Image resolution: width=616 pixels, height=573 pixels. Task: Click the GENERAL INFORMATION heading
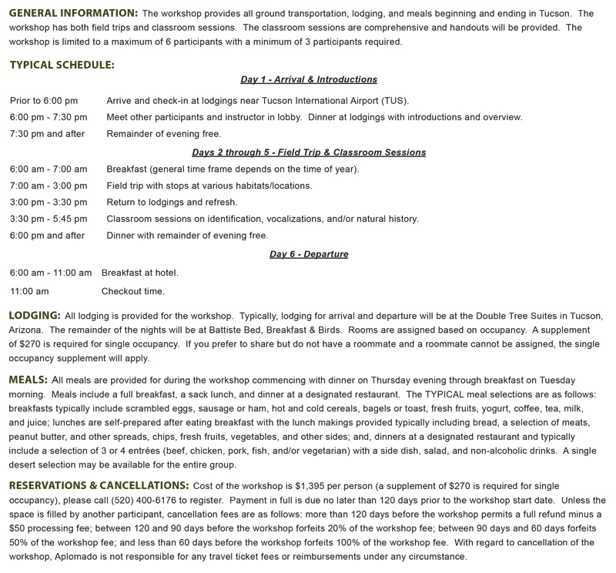[x=73, y=14]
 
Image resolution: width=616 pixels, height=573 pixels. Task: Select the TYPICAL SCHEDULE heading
[x=62, y=65]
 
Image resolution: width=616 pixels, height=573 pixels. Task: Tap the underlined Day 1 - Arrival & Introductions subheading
[x=308, y=79]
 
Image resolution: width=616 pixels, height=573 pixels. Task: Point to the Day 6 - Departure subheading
[x=308, y=254]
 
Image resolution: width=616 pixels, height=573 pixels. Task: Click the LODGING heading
[x=35, y=316]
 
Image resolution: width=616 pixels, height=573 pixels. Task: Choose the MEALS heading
[x=28, y=380]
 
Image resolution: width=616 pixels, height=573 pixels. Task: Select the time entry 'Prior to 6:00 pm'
[x=44, y=101]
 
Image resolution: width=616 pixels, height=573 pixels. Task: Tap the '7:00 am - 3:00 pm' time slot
[x=49, y=186]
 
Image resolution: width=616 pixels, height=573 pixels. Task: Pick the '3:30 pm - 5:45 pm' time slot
[x=49, y=219]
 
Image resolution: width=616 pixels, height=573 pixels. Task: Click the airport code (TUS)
[x=394, y=101]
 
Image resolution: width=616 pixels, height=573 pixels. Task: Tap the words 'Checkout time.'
[x=132, y=291]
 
